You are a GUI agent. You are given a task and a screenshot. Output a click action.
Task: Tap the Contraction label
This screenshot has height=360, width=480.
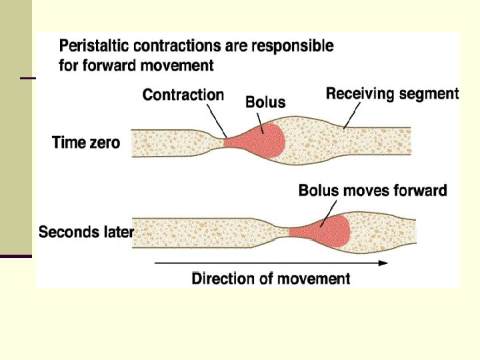click(x=183, y=95)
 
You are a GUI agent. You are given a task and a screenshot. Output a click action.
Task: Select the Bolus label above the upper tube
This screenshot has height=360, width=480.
click(x=265, y=102)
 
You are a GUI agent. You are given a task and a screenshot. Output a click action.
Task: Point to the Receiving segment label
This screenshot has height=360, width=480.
click(x=392, y=93)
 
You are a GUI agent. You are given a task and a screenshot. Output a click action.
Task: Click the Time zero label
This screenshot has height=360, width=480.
click(x=86, y=142)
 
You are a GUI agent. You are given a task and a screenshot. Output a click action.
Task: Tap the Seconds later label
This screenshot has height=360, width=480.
click(x=86, y=232)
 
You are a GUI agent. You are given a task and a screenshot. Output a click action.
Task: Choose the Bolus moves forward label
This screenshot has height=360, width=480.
click(x=372, y=191)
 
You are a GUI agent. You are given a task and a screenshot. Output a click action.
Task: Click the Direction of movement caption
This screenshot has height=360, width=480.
click(x=271, y=278)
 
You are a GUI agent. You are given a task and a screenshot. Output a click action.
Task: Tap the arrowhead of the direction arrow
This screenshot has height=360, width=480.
click(x=383, y=263)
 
